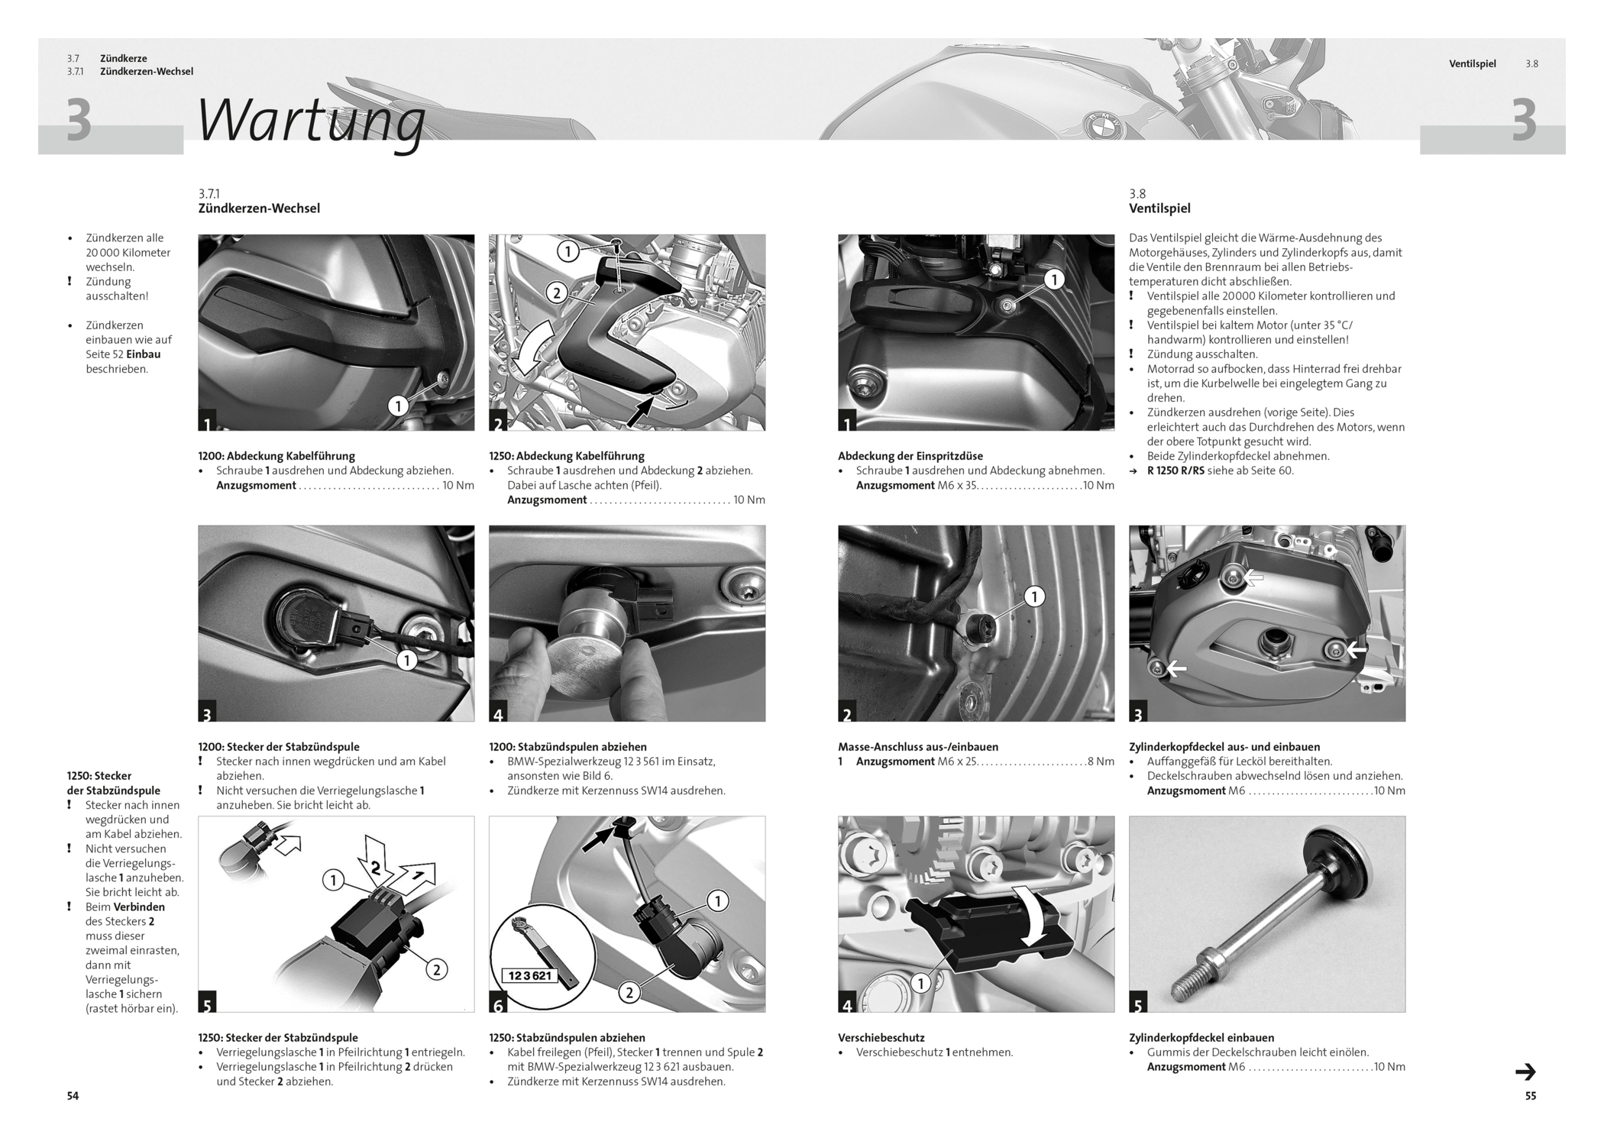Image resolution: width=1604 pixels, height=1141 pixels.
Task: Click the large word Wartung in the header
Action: [311, 121]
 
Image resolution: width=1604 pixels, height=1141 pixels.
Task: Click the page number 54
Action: [73, 1096]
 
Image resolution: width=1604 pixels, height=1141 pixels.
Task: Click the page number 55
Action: [1530, 1096]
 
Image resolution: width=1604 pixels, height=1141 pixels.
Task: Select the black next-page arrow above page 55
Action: [1525, 1072]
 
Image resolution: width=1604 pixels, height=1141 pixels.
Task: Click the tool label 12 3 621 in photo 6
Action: [530, 975]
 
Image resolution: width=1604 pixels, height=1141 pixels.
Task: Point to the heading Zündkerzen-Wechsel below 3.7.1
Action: [259, 208]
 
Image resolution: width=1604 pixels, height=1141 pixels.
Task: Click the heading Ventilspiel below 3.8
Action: [1159, 208]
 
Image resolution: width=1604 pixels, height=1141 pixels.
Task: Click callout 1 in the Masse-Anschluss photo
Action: [1033, 596]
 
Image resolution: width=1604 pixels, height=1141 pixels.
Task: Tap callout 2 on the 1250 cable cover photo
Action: [557, 293]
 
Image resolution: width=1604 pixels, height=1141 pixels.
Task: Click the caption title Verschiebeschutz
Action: [881, 1038]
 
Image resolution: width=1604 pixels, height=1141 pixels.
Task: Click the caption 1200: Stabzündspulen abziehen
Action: [568, 747]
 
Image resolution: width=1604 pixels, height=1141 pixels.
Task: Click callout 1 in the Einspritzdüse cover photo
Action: [1054, 280]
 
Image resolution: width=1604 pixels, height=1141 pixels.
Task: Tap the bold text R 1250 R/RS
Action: [1175, 470]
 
